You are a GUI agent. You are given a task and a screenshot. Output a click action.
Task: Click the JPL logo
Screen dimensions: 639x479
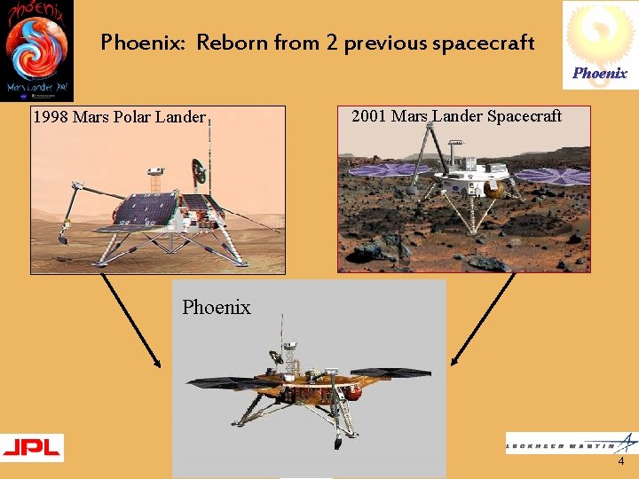(x=32, y=447)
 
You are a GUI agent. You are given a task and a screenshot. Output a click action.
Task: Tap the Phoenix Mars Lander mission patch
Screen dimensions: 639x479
(x=36, y=51)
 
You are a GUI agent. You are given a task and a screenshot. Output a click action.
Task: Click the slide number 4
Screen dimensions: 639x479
(x=620, y=462)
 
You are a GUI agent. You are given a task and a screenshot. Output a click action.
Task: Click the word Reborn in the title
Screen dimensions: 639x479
(x=232, y=42)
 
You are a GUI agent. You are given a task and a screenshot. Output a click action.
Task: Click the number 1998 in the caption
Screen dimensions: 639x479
(x=51, y=117)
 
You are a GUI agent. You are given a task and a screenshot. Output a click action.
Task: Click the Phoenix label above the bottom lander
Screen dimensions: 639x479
(x=217, y=307)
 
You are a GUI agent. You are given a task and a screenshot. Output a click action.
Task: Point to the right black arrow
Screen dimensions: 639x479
(x=484, y=319)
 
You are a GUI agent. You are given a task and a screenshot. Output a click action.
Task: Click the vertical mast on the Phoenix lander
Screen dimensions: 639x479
(x=282, y=337)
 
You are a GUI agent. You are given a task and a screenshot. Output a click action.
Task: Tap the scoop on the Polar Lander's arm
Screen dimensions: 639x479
(x=63, y=237)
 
